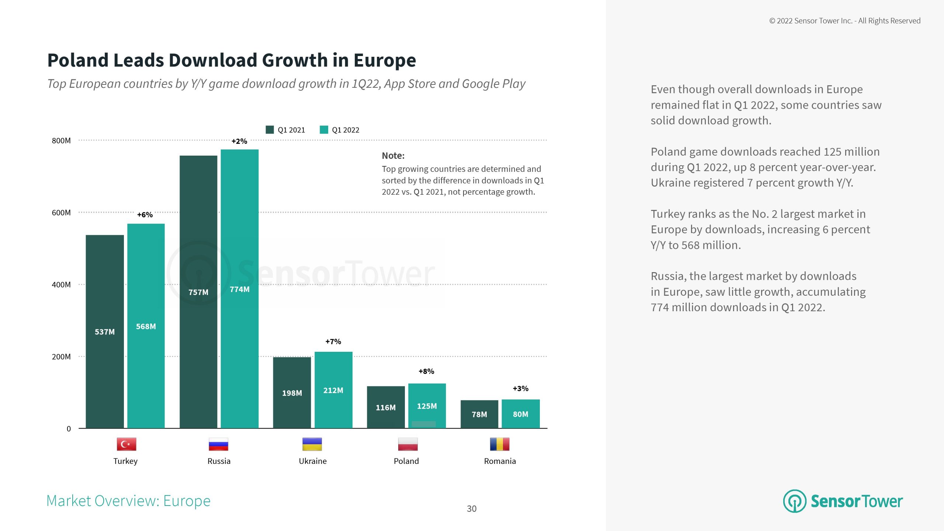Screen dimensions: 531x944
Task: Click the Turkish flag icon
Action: tap(126, 444)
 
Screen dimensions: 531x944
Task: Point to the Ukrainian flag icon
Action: tap(312, 444)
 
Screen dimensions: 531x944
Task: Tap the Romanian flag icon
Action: tap(500, 444)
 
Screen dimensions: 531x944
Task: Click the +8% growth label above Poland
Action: tap(426, 371)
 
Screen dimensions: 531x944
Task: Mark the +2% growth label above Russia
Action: tap(239, 141)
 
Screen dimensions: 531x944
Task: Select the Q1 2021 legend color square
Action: tap(270, 130)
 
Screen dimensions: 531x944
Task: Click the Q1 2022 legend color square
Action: tap(324, 130)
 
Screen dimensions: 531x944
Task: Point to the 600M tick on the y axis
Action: tap(61, 213)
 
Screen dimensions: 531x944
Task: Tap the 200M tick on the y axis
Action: tap(61, 357)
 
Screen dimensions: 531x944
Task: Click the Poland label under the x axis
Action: tap(406, 461)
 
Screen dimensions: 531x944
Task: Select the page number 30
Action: tap(472, 509)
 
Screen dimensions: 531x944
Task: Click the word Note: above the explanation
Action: tap(393, 156)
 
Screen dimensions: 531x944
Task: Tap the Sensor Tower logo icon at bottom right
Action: tap(795, 501)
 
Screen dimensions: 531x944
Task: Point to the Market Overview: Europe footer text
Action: tap(128, 501)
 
